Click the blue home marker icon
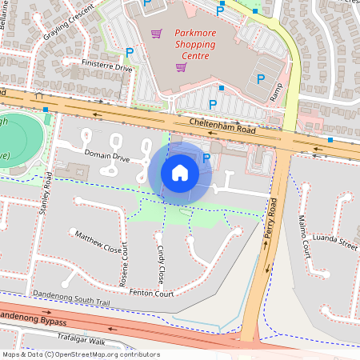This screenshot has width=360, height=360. click(180, 172)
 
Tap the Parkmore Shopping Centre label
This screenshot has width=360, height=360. click(194, 50)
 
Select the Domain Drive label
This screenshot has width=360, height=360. click(107, 157)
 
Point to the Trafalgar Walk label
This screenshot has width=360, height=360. click(81, 341)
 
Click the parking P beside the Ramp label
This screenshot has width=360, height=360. click(261, 78)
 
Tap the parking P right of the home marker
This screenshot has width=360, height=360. click(207, 158)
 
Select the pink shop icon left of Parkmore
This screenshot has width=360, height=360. click(157, 34)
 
